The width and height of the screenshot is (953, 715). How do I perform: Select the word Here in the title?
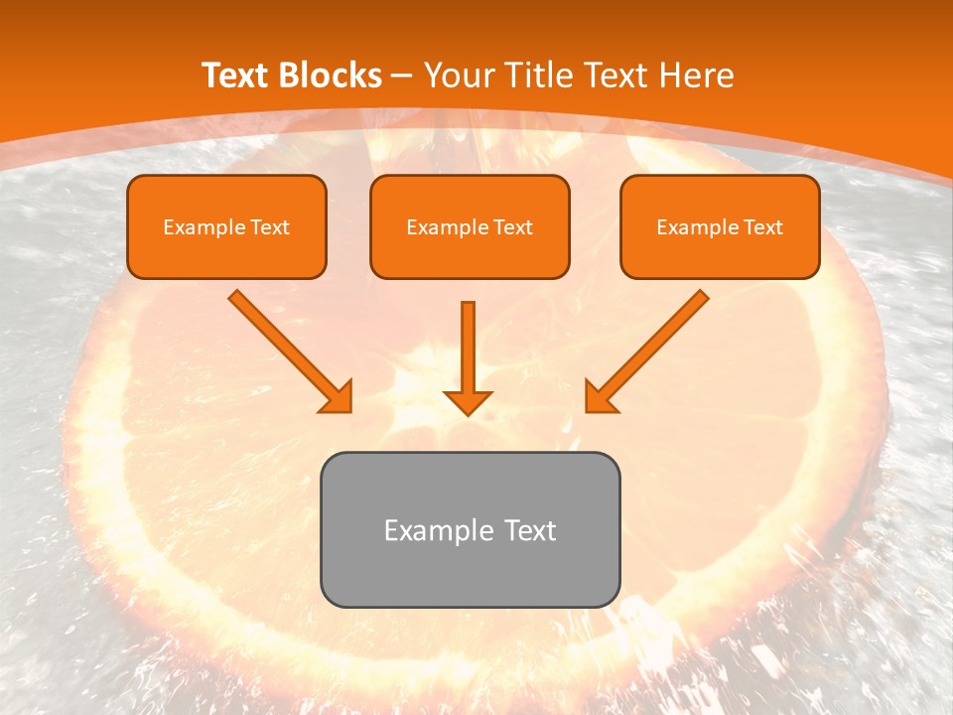click(x=697, y=75)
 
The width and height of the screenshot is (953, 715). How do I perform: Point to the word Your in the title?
click(x=460, y=75)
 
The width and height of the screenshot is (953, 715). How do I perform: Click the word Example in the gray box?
click(x=438, y=530)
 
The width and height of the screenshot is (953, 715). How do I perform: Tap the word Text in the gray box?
click(x=528, y=530)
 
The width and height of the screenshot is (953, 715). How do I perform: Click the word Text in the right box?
click(x=762, y=227)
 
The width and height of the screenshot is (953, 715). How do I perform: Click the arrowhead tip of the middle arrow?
click(x=468, y=411)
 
